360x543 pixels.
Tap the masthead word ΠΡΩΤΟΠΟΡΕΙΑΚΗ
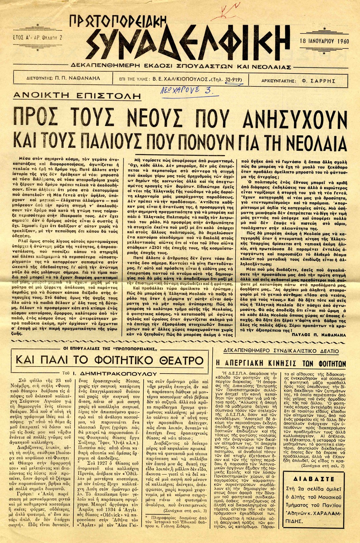pyautogui.click(x=118, y=24)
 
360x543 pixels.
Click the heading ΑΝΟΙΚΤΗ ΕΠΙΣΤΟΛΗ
pyautogui.click(x=77, y=96)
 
